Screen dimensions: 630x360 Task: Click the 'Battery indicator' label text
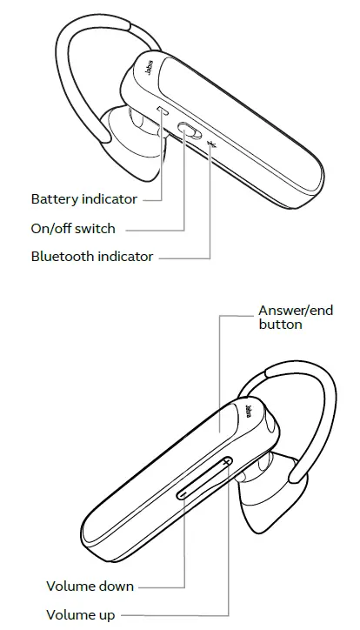pos(83,199)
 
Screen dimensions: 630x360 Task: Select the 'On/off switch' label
pos(73,228)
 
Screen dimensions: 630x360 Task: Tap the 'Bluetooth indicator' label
pos(92,257)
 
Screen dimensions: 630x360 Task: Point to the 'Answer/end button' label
pos(296,317)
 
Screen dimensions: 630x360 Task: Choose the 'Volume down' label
pos(90,586)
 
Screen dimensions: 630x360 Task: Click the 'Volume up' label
pos(80,615)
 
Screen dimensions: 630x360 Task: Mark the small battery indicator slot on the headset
pos(163,110)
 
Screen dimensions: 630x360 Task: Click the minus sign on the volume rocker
pos(183,493)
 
